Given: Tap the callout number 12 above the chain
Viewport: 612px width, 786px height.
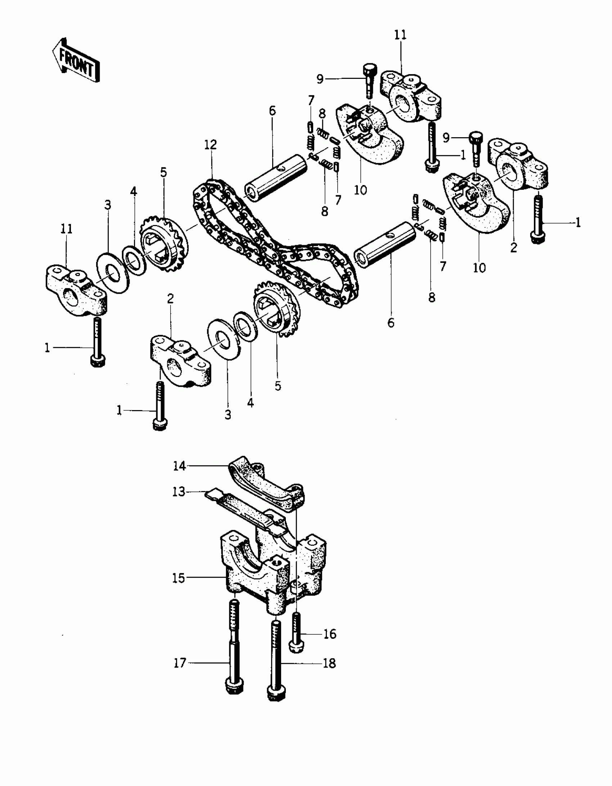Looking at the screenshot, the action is [211, 145].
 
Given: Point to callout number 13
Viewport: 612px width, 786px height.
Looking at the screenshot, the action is [179, 491].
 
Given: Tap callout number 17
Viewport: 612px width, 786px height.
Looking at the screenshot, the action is [180, 663].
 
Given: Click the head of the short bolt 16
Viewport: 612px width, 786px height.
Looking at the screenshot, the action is [296, 646].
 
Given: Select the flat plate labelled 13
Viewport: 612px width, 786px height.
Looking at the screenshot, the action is [248, 508].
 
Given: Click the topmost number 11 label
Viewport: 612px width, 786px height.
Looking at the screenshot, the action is [400, 35].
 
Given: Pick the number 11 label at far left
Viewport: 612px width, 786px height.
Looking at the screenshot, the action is [67, 229].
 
